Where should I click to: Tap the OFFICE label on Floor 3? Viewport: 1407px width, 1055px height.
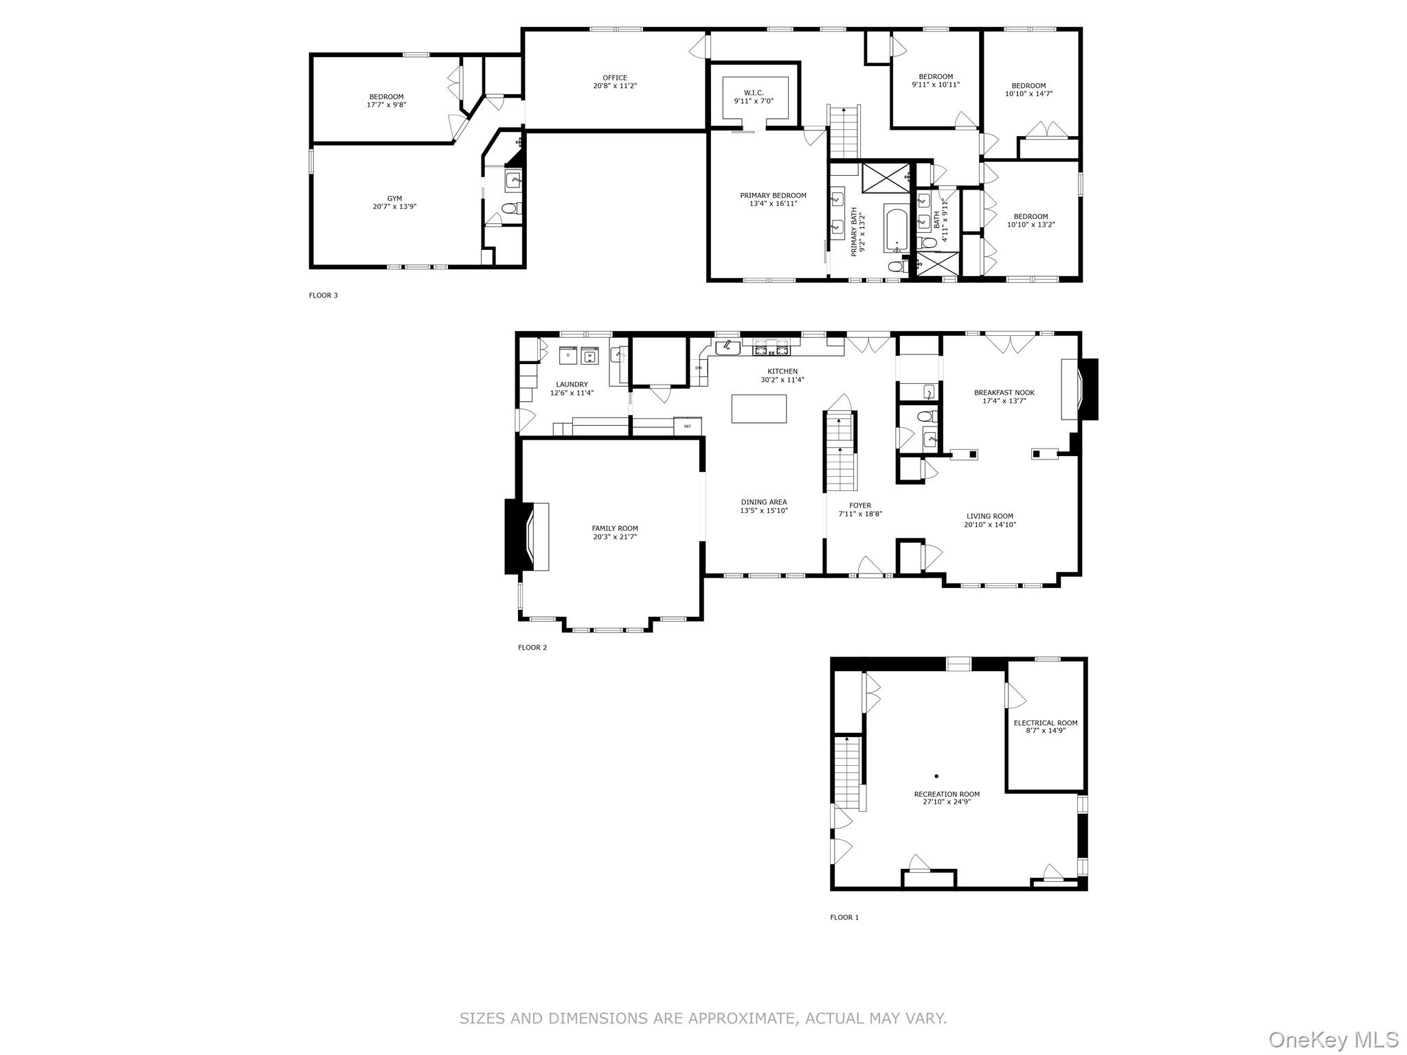614,78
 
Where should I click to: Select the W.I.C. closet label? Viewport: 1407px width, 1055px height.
753,93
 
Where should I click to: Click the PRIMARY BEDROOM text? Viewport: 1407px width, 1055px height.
773,196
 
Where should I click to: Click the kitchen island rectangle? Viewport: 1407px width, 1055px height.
758,409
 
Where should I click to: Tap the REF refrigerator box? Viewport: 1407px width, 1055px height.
687,427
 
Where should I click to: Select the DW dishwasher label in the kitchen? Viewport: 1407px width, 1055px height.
698,368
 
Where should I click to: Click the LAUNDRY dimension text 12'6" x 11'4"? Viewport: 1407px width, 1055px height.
572,394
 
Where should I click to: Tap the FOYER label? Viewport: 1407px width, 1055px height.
859,506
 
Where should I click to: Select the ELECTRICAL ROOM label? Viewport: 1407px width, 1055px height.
1045,723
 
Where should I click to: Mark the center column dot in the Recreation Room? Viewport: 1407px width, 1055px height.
936,776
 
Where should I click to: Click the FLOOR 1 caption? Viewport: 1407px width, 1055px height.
844,917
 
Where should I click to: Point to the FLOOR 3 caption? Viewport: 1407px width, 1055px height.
323,295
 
